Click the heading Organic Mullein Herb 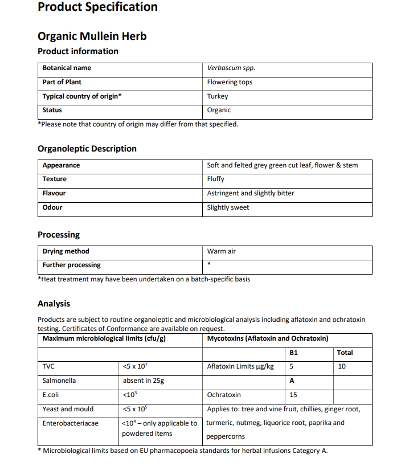tap(92, 36)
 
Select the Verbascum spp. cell tap(231, 68)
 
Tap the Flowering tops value tap(230, 82)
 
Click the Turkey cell tap(218, 96)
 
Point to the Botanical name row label tap(67, 68)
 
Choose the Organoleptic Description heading tap(87, 149)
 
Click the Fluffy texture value tap(216, 179)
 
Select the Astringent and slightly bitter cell tap(251, 193)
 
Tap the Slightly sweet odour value tap(228, 207)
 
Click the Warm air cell tap(221, 251)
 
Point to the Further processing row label tap(71, 265)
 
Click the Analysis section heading tap(54, 304)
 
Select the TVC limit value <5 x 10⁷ tap(136, 367)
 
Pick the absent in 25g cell tap(144, 381)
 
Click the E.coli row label tap(52, 395)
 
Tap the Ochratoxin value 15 tap(293, 395)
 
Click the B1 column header tap(294, 353)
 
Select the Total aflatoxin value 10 tap(342, 367)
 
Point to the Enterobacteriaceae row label tap(70, 423)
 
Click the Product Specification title tap(97, 7)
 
